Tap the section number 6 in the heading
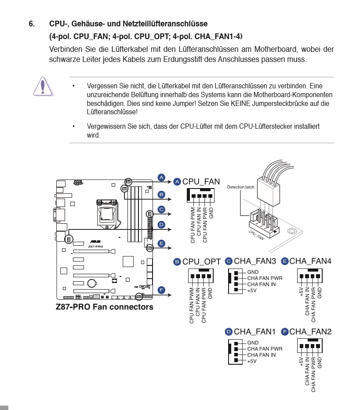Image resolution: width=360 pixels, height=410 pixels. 32,23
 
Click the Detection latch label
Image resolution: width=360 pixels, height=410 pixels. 240,187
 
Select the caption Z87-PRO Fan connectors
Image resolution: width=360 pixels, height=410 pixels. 105,307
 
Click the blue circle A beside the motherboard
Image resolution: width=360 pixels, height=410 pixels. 161,178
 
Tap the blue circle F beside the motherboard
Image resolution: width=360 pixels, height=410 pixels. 161,290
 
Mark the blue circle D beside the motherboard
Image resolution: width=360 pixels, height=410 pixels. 161,225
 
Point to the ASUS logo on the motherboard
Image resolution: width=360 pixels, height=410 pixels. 95,241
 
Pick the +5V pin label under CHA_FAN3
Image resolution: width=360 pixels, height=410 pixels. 252,290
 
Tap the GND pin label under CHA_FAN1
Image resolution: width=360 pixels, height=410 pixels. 253,343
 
